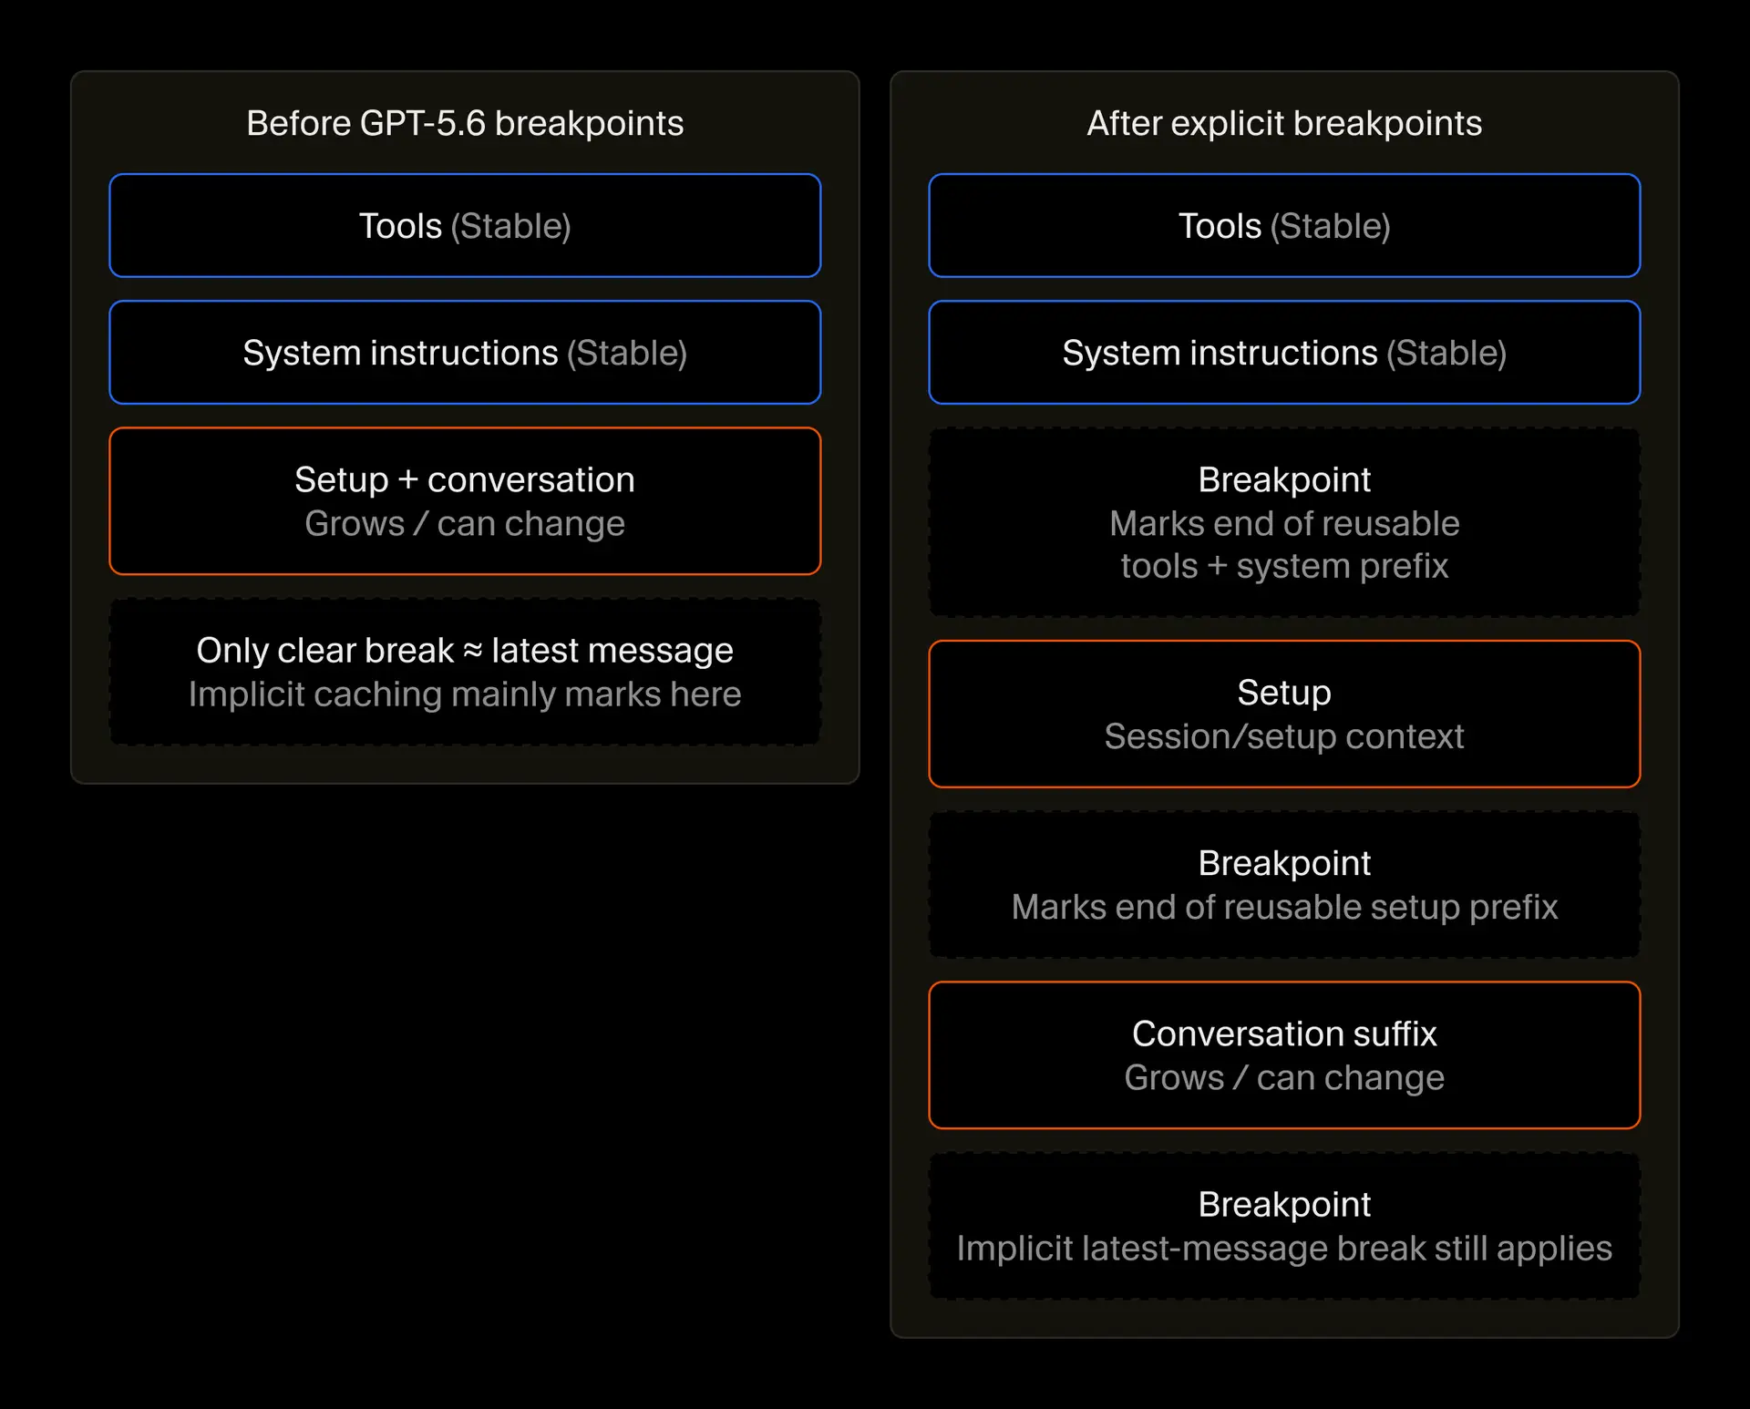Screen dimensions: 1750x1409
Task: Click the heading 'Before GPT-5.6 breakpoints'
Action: click(465, 123)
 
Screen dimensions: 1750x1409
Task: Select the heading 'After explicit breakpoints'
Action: click(1284, 123)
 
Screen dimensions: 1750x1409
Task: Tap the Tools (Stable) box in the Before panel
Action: click(465, 225)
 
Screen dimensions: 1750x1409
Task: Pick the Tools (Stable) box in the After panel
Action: click(1284, 225)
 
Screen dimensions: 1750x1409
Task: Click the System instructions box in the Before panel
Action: click(465, 352)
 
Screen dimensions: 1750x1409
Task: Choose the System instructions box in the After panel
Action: click(1284, 352)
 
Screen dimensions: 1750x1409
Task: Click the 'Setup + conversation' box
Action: click(465, 501)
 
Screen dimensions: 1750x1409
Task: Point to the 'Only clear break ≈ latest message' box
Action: click(465, 672)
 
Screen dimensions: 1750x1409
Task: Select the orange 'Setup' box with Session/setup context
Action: click(1284, 714)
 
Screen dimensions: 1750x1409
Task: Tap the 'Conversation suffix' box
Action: click(1284, 1055)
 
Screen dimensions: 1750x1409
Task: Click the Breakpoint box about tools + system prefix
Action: click(1284, 522)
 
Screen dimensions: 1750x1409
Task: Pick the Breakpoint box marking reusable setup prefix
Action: click(1284, 884)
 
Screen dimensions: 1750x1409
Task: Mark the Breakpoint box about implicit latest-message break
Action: click(1284, 1226)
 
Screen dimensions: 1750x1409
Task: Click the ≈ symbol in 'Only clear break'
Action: click(472, 651)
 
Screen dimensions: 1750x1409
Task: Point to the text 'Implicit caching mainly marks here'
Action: click(465, 694)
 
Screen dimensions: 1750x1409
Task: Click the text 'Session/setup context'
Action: click(1284, 736)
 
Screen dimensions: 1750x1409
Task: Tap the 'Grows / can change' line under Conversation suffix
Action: click(1284, 1077)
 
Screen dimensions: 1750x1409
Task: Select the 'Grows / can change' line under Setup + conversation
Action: click(465, 524)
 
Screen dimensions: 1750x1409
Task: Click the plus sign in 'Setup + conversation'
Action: click(407, 480)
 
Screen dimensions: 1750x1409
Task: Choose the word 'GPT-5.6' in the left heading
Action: click(423, 123)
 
